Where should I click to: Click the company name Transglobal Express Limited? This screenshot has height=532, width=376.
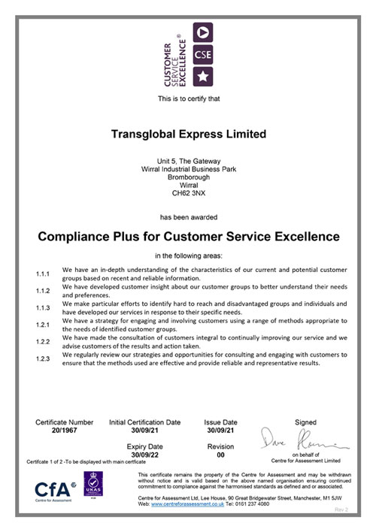(x=188, y=134)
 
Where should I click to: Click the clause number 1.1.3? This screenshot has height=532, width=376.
(x=43, y=308)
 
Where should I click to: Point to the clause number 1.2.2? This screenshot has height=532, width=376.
(x=43, y=341)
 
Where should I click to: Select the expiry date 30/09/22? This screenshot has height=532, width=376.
(x=145, y=455)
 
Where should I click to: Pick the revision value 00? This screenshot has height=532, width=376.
(x=220, y=455)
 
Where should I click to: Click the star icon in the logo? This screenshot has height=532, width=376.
(x=204, y=76)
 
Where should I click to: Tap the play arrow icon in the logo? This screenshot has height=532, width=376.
(x=204, y=31)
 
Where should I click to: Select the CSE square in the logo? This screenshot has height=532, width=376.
(x=204, y=53)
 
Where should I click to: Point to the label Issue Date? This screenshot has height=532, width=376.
(x=220, y=422)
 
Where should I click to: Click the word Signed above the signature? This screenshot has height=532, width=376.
(x=306, y=422)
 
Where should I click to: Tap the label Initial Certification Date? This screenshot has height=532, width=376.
(x=145, y=422)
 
